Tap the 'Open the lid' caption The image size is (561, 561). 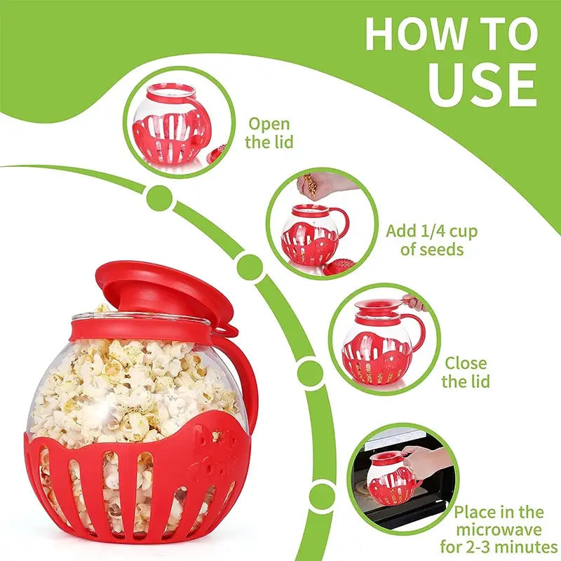coord(270,133)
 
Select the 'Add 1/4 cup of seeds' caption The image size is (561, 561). coord(432,239)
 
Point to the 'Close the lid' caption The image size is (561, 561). coord(466,372)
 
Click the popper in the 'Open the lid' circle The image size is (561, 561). coord(170,126)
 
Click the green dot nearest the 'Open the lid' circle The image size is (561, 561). coord(160,198)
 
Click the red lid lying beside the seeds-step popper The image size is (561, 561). coord(340,267)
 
